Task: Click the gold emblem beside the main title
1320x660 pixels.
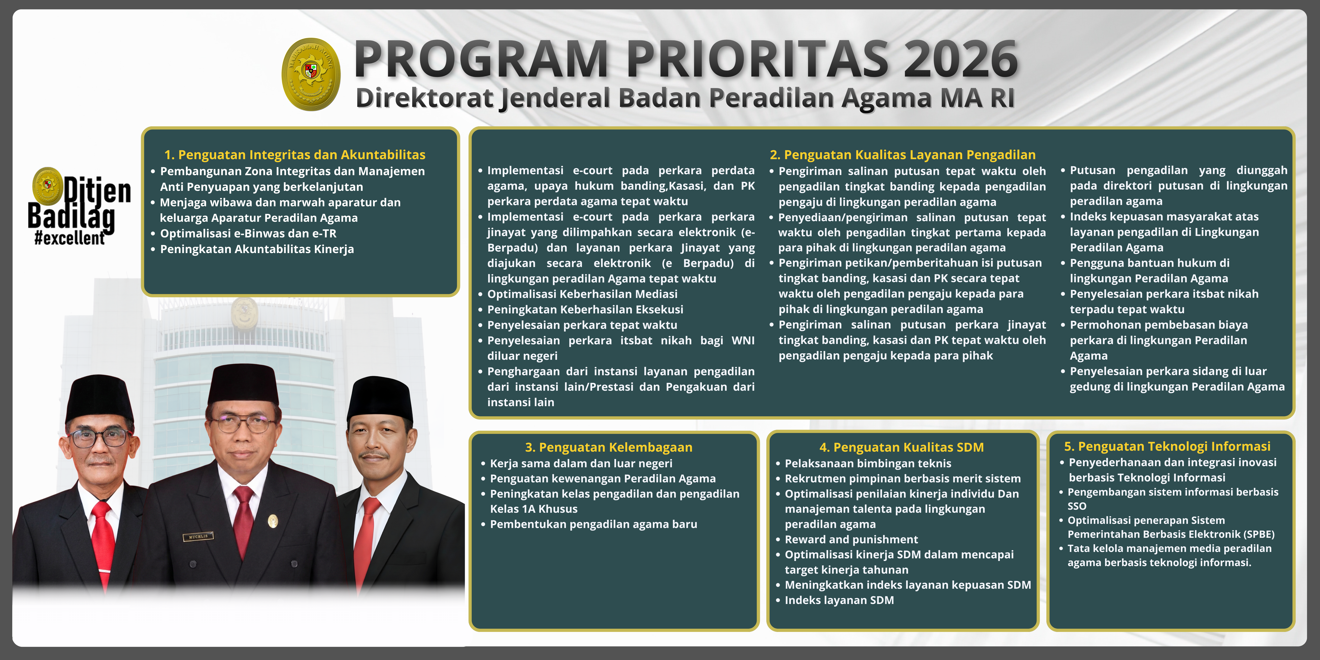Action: point(311,74)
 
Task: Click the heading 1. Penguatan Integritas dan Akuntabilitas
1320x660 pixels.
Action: point(295,155)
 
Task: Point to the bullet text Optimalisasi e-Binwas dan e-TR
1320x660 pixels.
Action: point(248,234)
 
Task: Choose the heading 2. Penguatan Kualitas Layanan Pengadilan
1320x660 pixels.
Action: point(902,155)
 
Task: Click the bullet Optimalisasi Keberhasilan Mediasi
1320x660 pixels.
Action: point(582,294)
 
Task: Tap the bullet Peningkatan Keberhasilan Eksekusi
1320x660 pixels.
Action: point(585,309)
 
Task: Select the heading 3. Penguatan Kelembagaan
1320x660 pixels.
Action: point(609,447)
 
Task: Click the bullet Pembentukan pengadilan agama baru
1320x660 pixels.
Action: point(593,524)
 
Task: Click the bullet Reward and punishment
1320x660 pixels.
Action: point(851,540)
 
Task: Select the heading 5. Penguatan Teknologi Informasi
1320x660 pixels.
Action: point(1167,446)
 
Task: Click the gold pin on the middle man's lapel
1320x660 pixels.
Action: point(273,521)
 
